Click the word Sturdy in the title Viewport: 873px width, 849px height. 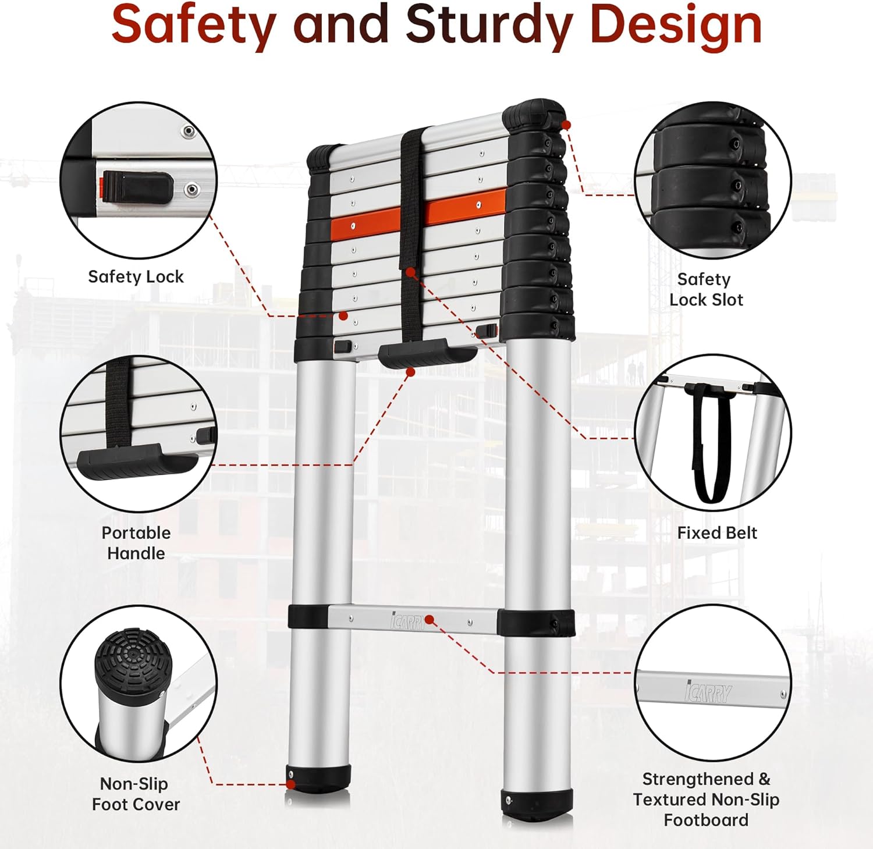tap(488, 24)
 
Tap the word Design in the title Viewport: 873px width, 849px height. tap(675, 24)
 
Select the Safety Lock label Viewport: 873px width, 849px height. tap(136, 276)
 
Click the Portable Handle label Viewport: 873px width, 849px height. tap(136, 542)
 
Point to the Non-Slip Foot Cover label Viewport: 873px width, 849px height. tap(136, 794)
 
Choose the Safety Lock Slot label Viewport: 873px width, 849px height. tap(705, 289)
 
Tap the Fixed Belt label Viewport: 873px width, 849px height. tap(717, 532)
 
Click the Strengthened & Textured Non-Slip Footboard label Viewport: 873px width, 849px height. tap(706, 799)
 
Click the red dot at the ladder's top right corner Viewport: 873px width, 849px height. tap(566, 125)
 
